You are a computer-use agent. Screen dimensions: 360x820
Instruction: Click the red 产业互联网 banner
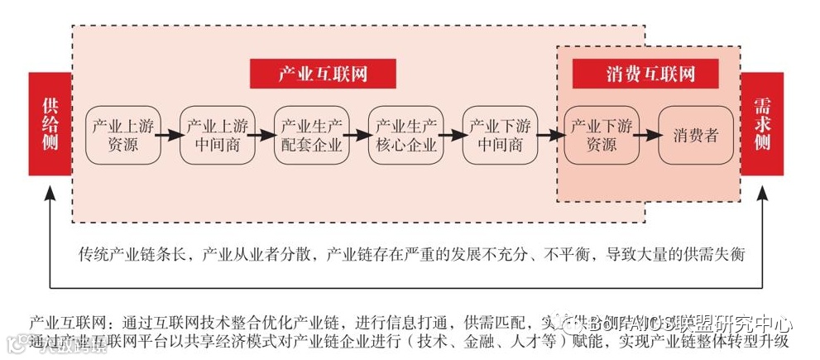pos(323,74)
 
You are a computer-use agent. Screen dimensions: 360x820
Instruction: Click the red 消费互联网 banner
pos(646,74)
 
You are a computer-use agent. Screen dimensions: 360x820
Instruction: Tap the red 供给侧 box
pos(50,124)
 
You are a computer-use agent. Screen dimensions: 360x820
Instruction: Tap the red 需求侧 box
pos(761,124)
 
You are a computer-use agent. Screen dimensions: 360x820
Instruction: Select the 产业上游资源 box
pos(122,135)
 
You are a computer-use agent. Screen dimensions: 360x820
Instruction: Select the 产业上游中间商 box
pos(217,135)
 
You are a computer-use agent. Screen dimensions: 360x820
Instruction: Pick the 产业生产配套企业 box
pos(311,135)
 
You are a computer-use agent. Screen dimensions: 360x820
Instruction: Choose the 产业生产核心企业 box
pos(405,135)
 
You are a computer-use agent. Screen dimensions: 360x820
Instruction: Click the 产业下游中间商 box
pos(500,135)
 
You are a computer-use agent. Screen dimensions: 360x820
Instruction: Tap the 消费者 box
pos(696,135)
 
